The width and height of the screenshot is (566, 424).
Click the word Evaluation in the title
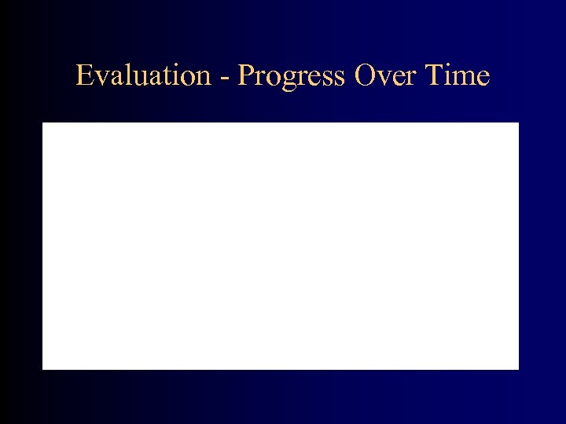(x=143, y=76)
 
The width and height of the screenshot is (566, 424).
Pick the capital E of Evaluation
(x=84, y=76)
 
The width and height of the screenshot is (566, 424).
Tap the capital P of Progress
(x=245, y=76)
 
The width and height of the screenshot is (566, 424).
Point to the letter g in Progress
(x=286, y=80)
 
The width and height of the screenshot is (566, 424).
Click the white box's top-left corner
(x=42, y=123)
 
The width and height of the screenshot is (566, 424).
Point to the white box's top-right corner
(x=519, y=123)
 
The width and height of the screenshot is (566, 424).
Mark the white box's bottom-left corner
(x=42, y=368)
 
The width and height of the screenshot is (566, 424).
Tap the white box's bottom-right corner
(x=519, y=368)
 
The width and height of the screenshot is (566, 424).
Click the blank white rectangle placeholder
(x=281, y=246)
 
